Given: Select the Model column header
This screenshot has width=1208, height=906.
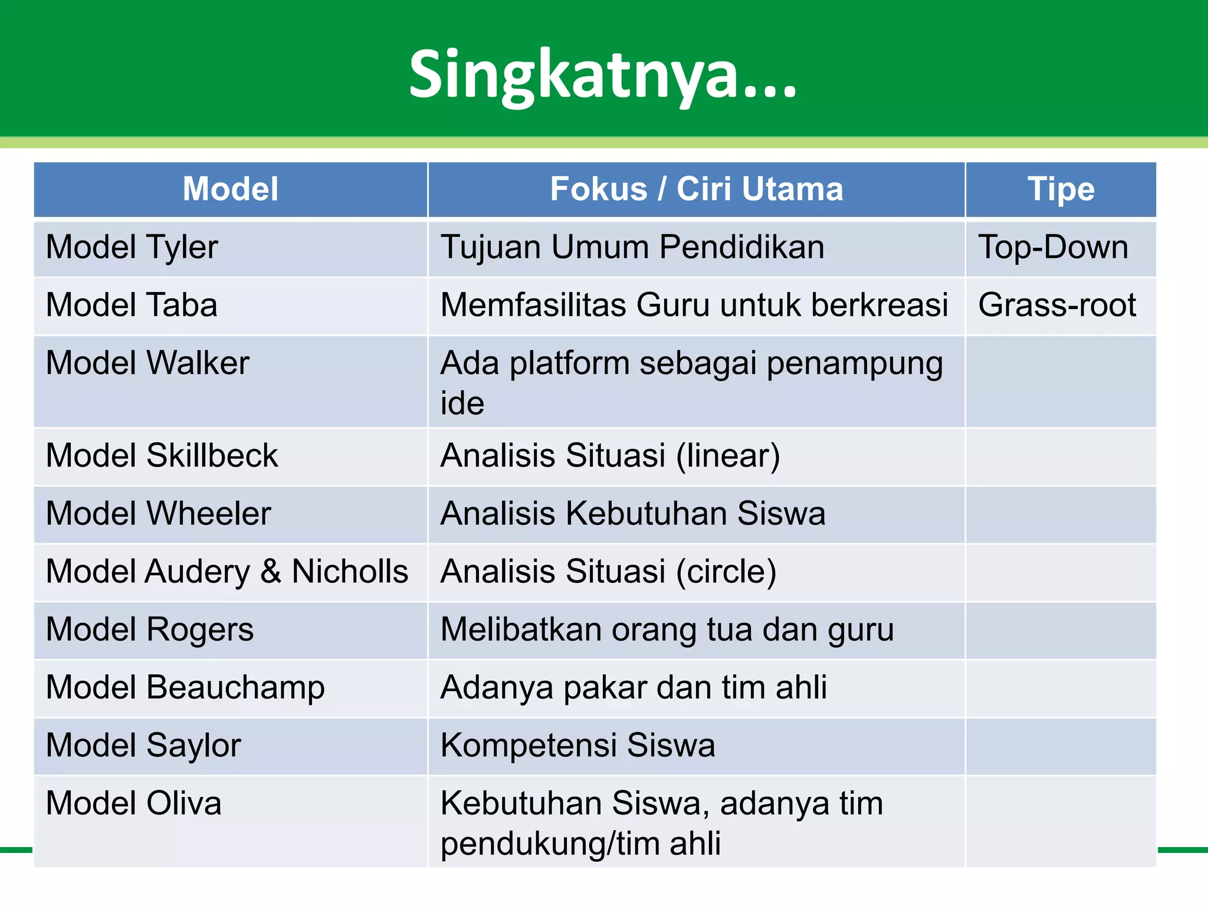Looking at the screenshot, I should click(x=230, y=189).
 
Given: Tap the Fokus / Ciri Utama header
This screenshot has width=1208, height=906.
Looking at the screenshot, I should click(x=696, y=189).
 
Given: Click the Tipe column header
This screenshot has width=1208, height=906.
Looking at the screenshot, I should click(x=1061, y=189).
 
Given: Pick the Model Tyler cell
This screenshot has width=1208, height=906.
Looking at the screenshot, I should click(x=132, y=247).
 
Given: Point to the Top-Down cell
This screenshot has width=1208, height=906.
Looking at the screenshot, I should click(x=1053, y=247).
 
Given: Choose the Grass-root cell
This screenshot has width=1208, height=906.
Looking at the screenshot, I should click(x=1056, y=305).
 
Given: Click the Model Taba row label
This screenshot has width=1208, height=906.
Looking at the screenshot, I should click(x=132, y=305).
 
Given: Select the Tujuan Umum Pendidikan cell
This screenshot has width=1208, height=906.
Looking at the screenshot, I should click(x=632, y=247).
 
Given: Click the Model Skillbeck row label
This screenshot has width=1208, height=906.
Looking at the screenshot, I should click(x=162, y=455).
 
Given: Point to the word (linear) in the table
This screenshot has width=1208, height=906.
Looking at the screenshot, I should click(x=728, y=455).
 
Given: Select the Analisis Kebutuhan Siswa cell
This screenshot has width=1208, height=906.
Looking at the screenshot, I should click(x=632, y=513).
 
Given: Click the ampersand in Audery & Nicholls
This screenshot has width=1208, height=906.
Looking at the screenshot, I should click(x=271, y=571).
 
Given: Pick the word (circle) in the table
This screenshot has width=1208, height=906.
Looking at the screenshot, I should click(x=726, y=571).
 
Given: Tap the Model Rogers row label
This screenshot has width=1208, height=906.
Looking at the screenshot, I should click(x=150, y=629).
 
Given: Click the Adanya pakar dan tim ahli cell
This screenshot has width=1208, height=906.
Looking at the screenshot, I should click(x=633, y=687).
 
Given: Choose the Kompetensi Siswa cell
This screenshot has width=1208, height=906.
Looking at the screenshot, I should click(x=577, y=745).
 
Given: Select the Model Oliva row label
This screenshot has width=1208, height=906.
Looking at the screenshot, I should click(x=134, y=803).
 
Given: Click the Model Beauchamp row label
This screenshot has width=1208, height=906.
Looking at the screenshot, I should click(x=185, y=687).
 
